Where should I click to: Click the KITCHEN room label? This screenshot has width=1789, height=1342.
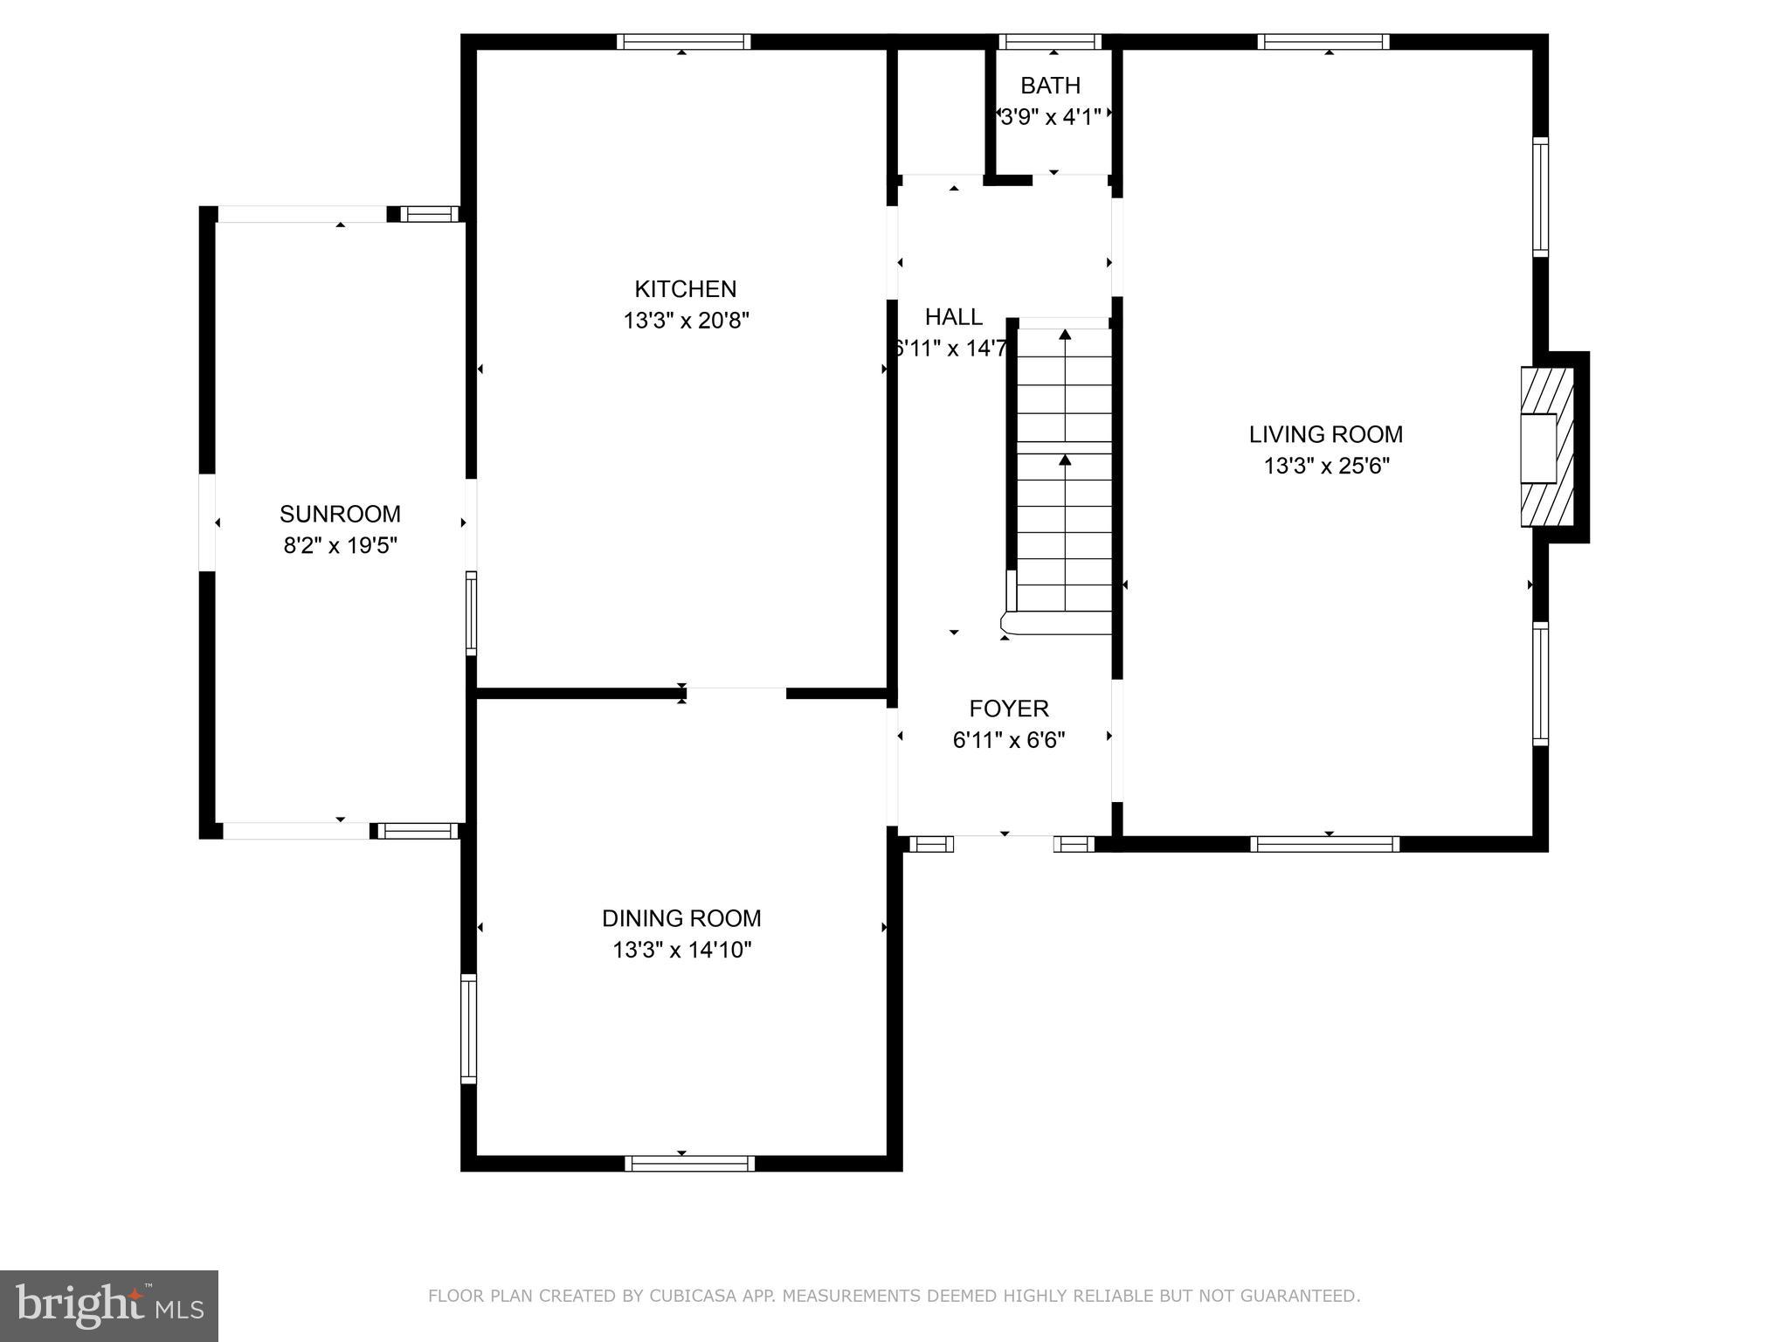tap(685, 289)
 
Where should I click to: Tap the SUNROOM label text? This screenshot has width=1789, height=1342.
tap(340, 514)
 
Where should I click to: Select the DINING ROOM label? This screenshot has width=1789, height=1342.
tap(681, 918)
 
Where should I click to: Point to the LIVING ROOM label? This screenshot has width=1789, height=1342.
tap(1325, 434)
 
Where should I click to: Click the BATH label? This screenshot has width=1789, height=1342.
tap(1050, 86)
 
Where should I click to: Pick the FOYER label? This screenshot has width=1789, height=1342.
tap(1008, 709)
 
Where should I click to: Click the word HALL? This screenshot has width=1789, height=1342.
tap(953, 317)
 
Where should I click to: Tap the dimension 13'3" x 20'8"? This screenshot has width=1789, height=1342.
tap(686, 321)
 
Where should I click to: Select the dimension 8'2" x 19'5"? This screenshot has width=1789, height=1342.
tap(340, 546)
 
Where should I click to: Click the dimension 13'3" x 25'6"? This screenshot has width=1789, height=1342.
tap(1326, 466)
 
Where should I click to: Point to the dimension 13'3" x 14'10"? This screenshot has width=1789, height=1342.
tap(681, 950)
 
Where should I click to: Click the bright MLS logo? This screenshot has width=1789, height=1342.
tap(109, 1306)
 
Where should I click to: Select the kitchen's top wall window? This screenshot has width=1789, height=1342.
tap(683, 42)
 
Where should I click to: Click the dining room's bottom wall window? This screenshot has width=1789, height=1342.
tap(689, 1163)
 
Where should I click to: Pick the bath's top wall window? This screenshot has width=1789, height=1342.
tap(1050, 42)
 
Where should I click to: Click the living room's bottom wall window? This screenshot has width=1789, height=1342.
tap(1324, 844)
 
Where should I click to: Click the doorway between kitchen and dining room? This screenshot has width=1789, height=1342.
tap(736, 694)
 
